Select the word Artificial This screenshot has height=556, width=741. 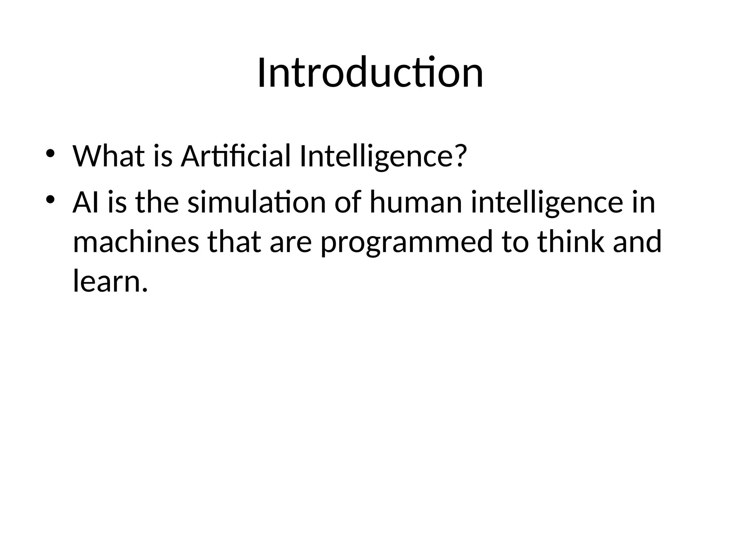[236, 156]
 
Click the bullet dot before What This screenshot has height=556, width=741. [50, 153]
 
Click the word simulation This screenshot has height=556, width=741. [257, 203]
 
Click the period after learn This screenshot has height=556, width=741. [145, 290]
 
